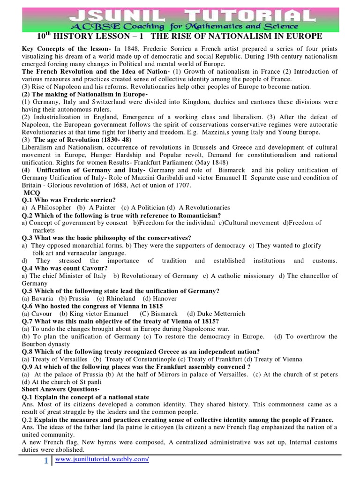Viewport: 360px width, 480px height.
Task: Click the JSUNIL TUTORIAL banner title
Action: point(180,14)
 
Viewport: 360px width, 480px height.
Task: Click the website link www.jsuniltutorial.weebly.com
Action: point(102,460)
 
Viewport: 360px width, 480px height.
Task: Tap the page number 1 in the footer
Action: point(45,461)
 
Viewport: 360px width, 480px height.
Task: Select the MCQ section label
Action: point(31,193)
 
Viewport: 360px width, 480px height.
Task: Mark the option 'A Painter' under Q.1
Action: point(97,207)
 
